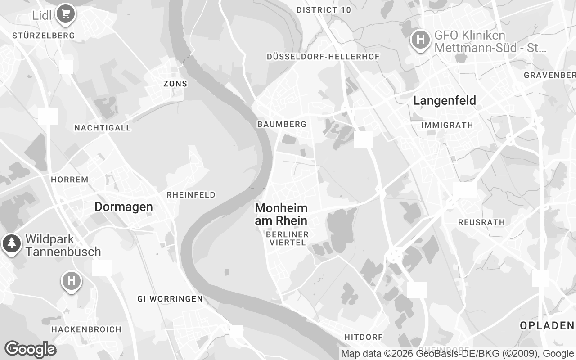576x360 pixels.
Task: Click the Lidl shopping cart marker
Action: (x=66, y=13)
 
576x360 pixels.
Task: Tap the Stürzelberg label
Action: (x=44, y=36)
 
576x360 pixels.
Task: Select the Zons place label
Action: (x=175, y=84)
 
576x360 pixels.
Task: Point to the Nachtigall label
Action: (x=103, y=128)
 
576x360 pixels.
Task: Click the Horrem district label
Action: (x=70, y=180)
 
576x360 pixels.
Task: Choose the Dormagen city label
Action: (x=124, y=207)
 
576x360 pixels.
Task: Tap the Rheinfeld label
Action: (x=191, y=195)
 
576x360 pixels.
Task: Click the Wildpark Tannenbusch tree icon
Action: (x=12, y=243)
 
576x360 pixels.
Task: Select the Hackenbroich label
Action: (x=86, y=329)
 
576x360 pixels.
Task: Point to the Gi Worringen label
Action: (x=170, y=299)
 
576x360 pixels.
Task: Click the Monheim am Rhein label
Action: (x=281, y=214)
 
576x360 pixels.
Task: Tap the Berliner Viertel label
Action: (x=288, y=238)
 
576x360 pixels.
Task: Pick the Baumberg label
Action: (x=282, y=124)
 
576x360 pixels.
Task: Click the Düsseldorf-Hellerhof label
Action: (x=323, y=57)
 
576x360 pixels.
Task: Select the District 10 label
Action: (x=324, y=10)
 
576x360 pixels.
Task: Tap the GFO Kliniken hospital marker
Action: (x=421, y=40)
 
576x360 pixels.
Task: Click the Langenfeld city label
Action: (x=445, y=101)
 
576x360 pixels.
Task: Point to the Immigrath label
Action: (x=447, y=125)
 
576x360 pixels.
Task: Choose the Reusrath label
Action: (x=481, y=222)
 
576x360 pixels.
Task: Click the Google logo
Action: (x=31, y=349)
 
